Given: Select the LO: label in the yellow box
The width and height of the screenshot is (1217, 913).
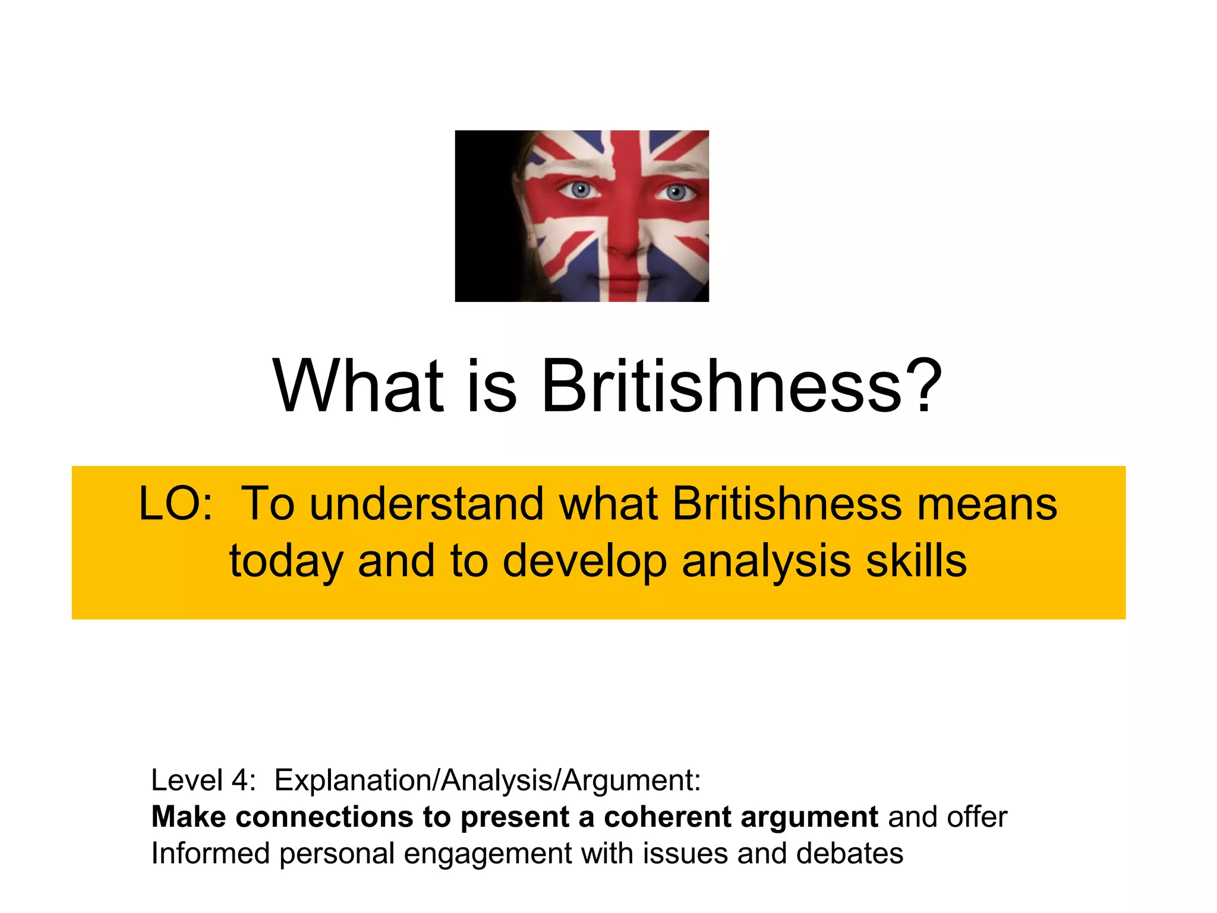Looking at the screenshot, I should click(175, 504).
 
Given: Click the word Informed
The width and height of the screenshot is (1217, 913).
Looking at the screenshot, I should click(210, 854).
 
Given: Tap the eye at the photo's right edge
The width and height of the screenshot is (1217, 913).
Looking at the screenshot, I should click(676, 193).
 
